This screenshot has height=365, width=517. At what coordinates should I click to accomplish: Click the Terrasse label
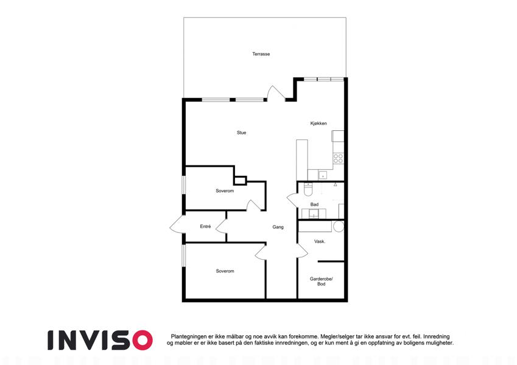click(x=261, y=54)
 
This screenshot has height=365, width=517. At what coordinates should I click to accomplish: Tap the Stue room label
click(x=241, y=133)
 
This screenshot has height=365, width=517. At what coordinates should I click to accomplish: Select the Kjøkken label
click(x=318, y=123)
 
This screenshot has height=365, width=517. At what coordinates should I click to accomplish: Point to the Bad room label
click(x=314, y=204)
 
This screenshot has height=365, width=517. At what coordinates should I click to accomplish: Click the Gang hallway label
click(x=278, y=228)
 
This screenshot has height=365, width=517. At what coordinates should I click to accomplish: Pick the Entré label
click(x=205, y=227)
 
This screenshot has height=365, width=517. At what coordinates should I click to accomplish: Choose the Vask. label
click(x=320, y=242)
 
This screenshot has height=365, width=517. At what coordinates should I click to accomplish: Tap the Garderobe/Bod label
click(x=321, y=281)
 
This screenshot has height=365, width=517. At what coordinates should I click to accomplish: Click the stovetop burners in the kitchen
click(x=338, y=158)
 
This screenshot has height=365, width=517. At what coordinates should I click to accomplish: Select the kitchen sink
click(x=323, y=175)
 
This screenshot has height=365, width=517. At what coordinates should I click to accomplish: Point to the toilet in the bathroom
click(x=308, y=189)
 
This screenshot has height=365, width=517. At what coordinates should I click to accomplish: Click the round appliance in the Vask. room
click(x=339, y=226)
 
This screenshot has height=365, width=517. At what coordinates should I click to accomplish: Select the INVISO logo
click(x=100, y=340)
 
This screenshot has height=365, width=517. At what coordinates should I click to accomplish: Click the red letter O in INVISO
click(x=142, y=340)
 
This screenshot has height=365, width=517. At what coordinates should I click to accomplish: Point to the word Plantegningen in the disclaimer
click(x=189, y=336)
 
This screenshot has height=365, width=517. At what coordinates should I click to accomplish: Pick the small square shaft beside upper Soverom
click(x=241, y=181)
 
